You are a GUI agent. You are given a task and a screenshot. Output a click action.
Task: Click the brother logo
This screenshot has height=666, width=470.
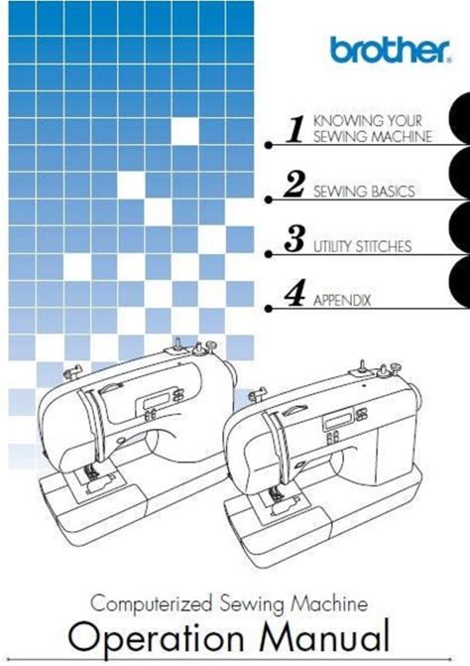[391, 50]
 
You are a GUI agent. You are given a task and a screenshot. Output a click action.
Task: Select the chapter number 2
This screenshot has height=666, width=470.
[294, 184]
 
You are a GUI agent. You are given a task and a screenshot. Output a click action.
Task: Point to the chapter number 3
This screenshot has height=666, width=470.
[294, 238]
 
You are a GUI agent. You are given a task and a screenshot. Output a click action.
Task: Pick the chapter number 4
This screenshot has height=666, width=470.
[294, 293]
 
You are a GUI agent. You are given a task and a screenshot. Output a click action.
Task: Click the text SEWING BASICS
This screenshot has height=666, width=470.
[364, 192]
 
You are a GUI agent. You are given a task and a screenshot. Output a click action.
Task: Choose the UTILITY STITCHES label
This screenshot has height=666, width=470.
[363, 246]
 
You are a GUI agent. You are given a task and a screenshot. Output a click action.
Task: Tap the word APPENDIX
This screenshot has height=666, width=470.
[342, 301]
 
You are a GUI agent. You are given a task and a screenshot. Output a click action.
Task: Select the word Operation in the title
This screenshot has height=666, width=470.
[156, 637]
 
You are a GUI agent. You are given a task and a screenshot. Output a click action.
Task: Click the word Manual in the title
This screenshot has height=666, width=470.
[324, 636]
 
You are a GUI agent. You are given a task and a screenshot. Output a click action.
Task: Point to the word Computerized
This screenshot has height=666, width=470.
[151, 603]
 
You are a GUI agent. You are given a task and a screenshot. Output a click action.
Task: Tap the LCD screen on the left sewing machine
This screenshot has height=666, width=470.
[157, 400]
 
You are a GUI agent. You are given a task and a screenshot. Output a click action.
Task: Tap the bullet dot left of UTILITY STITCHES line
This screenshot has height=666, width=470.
[268, 254]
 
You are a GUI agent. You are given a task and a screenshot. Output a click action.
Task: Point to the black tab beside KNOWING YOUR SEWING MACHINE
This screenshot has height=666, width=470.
[460, 118]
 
